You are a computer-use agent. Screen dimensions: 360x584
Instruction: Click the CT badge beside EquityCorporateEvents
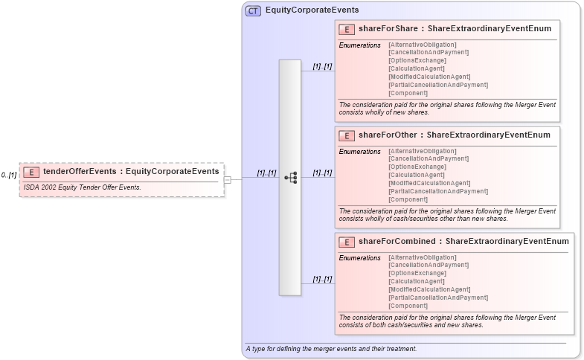pos(253,10)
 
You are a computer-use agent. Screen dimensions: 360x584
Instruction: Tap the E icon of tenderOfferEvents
pos(31,172)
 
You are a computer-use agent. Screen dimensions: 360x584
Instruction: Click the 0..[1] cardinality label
pos(9,175)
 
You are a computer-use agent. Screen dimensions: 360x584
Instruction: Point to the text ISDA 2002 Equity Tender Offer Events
pos(82,187)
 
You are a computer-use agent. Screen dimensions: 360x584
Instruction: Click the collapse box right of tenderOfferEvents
pos(228,179)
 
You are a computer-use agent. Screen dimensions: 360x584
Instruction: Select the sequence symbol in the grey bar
pos(290,178)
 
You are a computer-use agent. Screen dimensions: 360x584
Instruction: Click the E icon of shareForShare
pos(346,29)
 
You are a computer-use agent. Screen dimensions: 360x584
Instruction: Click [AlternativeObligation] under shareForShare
pos(423,45)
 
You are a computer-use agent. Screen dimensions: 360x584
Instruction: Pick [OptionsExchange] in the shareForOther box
pos(417,167)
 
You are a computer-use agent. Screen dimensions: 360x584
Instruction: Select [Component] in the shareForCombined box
pos(408,306)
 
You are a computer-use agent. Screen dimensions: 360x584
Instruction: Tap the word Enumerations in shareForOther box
pos(360,151)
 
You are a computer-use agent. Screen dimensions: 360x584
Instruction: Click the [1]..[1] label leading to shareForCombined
pos(322,279)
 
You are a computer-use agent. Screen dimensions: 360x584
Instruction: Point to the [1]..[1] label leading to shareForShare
pos(322,66)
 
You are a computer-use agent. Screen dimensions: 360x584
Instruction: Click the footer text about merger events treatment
pos(330,349)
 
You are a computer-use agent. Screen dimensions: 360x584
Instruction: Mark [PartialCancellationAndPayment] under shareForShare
pos(438,85)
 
